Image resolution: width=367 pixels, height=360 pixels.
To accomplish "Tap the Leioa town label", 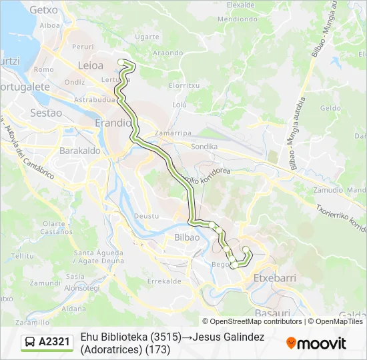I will [x=90, y=65].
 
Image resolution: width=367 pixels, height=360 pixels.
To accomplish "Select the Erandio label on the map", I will [x=113, y=123].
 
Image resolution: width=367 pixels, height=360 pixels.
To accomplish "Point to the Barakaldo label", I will [x=80, y=151].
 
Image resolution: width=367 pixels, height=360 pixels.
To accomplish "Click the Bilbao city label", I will [x=187, y=238].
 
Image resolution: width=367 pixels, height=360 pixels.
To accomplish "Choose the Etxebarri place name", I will [x=274, y=277].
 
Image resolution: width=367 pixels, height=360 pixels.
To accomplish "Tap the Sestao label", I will [x=46, y=113].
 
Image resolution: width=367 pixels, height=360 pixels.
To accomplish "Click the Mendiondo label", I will [x=233, y=19].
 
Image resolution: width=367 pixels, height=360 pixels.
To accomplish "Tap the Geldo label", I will [x=330, y=107].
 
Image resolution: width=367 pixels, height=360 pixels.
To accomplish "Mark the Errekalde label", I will [x=164, y=281].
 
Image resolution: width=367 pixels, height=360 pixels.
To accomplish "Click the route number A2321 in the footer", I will [x=54, y=342].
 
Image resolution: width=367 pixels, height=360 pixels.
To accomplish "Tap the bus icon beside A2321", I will [x=31, y=342].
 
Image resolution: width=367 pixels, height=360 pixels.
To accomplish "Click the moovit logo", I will [x=316, y=343].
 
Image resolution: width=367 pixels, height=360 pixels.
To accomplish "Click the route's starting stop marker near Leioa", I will [x=121, y=62].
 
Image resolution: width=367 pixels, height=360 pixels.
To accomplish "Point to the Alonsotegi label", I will [x=81, y=287].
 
